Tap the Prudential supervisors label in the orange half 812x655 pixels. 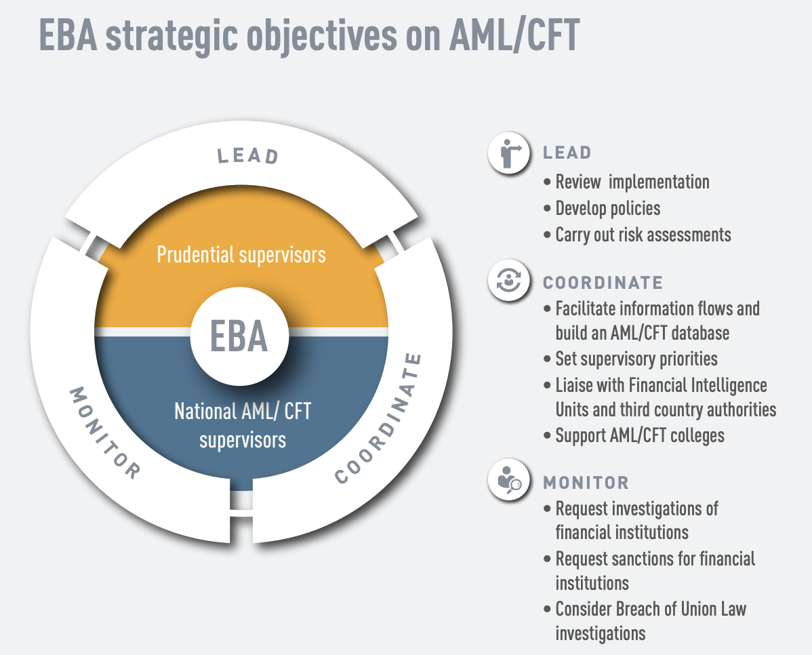241,254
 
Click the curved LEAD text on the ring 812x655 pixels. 248,155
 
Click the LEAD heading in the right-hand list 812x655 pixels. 567,153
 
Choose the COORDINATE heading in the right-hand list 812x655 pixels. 603,282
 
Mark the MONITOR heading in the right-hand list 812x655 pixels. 586,483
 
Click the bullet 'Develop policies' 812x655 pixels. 608,208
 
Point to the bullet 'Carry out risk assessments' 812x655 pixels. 643,235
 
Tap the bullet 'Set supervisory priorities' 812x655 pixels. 636,358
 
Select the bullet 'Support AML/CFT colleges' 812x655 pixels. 640,435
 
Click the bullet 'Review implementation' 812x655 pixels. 632,182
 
